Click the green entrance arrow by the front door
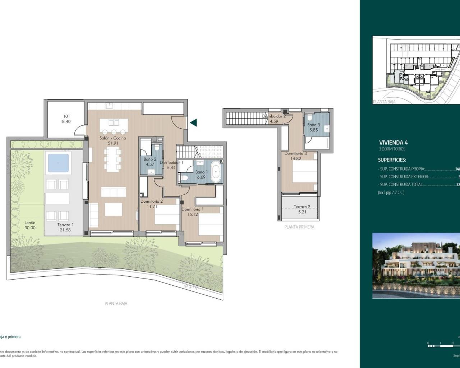point(193,123)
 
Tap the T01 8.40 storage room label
point(66,119)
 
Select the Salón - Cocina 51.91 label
point(113,141)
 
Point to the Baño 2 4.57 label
point(149,162)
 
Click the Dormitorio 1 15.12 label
point(193,212)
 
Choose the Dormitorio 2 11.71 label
point(152,204)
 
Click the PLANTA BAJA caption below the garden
point(116,303)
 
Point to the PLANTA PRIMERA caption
point(299,227)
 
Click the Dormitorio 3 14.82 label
point(295,156)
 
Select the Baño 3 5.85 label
point(313,127)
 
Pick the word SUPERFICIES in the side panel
point(392,160)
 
